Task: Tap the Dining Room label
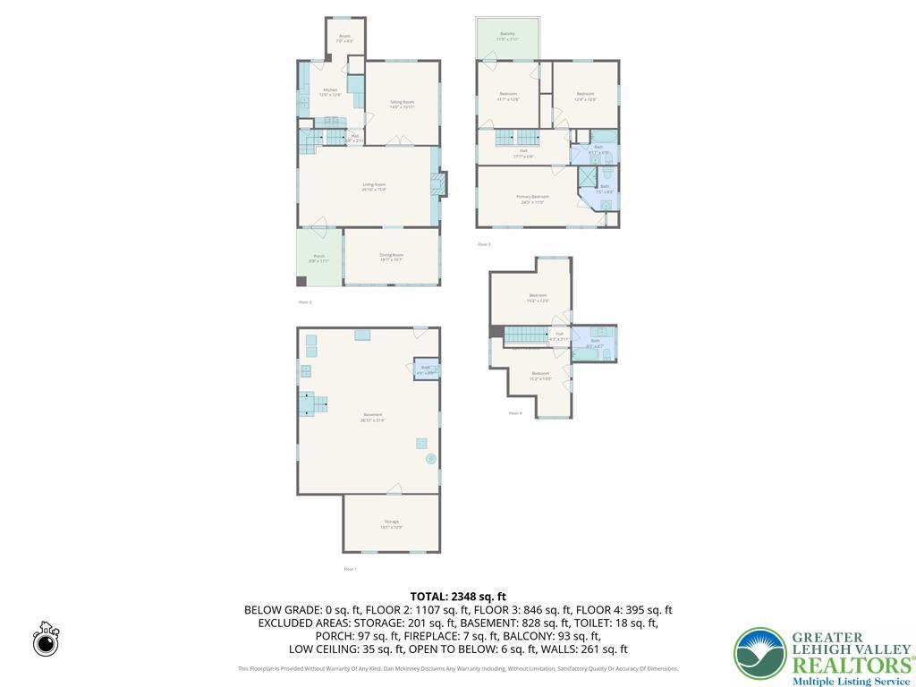(x=392, y=257)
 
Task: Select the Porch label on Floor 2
(x=319, y=258)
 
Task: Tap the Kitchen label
(x=330, y=92)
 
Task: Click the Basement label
(x=373, y=416)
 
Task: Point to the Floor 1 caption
(x=350, y=569)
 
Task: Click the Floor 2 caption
(x=305, y=302)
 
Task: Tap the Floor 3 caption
(x=484, y=244)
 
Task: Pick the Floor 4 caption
(x=515, y=413)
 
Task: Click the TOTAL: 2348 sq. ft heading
(x=458, y=596)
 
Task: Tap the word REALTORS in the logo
(x=849, y=665)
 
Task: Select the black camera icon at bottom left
(x=46, y=640)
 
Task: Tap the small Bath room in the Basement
(x=425, y=369)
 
